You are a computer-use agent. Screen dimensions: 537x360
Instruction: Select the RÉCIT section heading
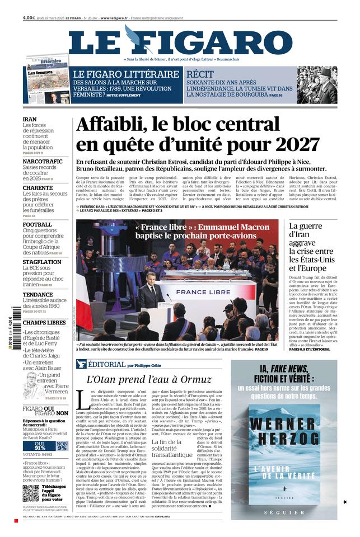click(200, 74)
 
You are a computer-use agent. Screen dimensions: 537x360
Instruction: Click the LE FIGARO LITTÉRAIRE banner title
click(126, 74)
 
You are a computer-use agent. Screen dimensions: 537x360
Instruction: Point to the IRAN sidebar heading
click(30, 119)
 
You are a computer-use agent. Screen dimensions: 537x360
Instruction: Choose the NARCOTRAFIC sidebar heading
click(43, 161)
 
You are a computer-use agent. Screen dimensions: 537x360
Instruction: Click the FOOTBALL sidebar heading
click(37, 224)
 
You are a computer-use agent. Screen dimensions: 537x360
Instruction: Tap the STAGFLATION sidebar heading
click(42, 262)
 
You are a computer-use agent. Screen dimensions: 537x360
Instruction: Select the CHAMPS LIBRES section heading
click(44, 322)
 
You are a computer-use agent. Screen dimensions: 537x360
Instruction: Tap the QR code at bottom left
click(31, 493)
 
